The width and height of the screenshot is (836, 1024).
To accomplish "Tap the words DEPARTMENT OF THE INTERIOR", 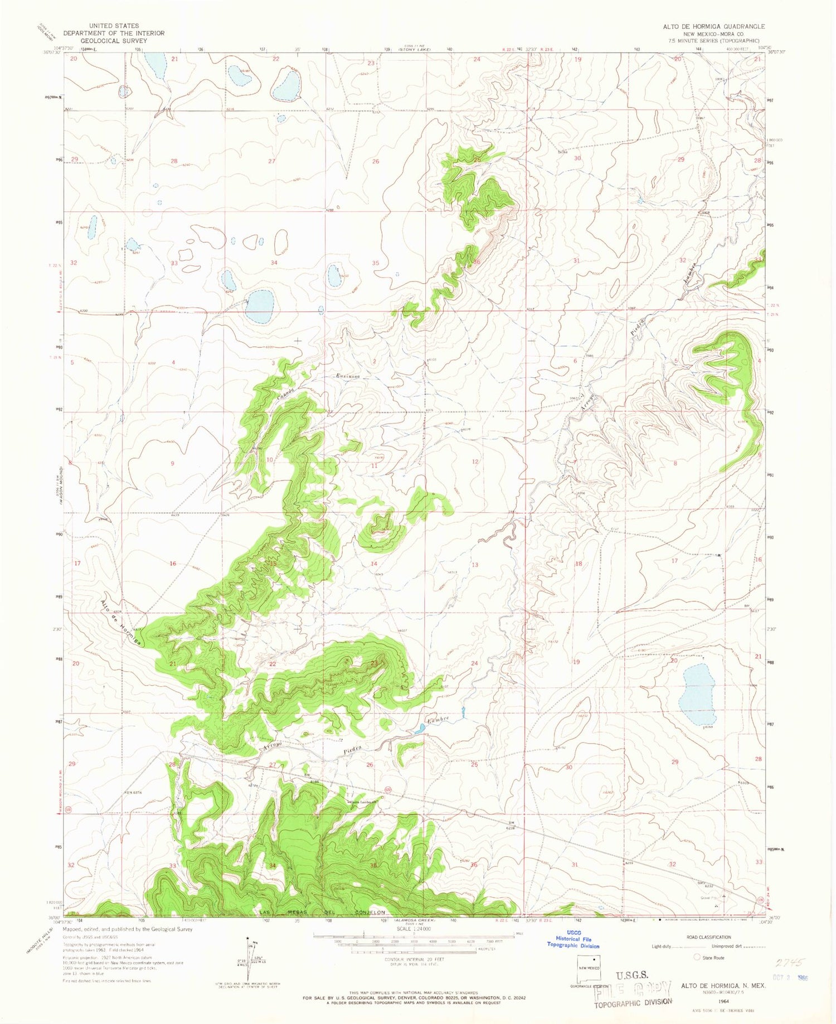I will [x=114, y=33].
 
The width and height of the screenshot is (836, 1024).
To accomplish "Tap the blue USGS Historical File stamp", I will [x=573, y=942].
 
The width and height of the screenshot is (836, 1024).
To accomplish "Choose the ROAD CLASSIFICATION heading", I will [x=708, y=937].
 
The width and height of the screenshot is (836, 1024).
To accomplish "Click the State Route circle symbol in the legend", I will [x=696, y=958].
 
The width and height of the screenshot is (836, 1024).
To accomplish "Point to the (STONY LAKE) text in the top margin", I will [x=413, y=50].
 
